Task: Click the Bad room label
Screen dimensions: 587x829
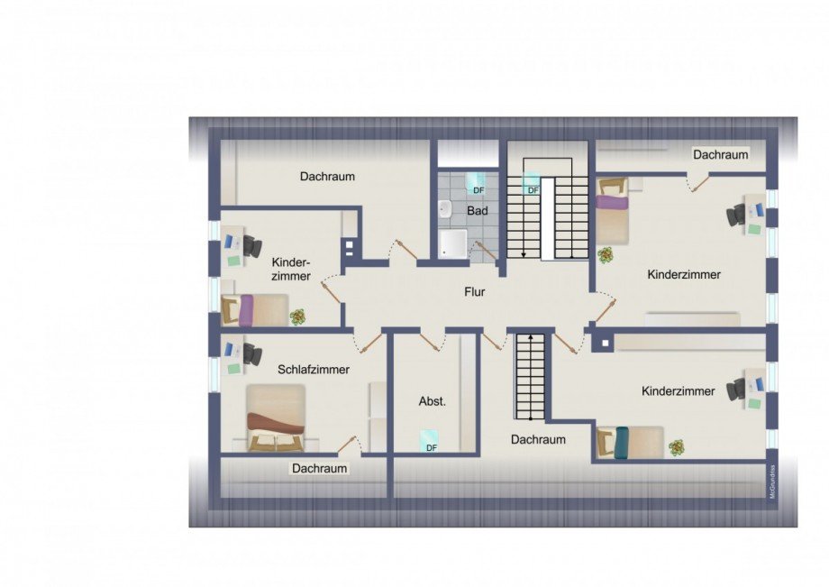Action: [478, 211]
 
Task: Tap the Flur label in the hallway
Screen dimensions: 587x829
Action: [475, 292]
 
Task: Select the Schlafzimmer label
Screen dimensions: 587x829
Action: [314, 370]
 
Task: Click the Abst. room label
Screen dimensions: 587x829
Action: [433, 401]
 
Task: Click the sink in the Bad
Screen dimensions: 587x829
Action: [445, 210]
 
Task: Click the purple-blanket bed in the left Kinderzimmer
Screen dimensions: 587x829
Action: [255, 311]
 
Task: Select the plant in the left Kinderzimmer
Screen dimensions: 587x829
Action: [297, 316]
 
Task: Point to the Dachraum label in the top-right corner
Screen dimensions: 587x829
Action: [720, 154]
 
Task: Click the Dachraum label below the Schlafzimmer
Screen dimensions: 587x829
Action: [319, 469]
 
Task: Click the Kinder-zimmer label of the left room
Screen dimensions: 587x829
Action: [291, 268]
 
